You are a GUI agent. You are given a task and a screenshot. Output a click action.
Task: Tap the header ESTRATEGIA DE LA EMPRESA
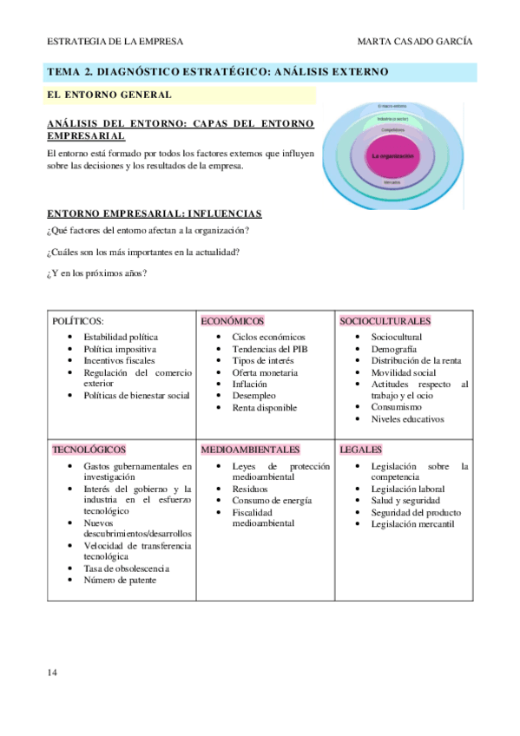[114, 42]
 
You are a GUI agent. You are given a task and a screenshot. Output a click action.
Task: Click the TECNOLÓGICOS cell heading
[89, 450]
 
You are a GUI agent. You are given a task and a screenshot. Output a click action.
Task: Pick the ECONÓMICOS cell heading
[232, 321]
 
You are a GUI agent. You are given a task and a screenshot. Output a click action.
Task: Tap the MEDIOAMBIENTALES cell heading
[250, 450]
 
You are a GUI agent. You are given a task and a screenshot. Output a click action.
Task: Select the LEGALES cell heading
[361, 450]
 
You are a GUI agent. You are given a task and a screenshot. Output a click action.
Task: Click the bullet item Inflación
[249, 384]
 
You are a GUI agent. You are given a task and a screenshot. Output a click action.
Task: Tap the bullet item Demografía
[395, 348]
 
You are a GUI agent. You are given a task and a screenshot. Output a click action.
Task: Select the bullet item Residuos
[250, 489]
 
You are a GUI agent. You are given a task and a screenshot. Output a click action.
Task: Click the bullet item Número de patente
[120, 580]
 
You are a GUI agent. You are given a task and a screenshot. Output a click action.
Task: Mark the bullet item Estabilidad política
[121, 337]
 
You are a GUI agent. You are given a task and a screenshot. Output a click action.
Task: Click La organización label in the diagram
[392, 155]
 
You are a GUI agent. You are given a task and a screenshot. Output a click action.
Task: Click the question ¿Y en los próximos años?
[96, 274]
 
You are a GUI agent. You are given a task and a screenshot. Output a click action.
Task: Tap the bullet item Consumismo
[397, 406]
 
